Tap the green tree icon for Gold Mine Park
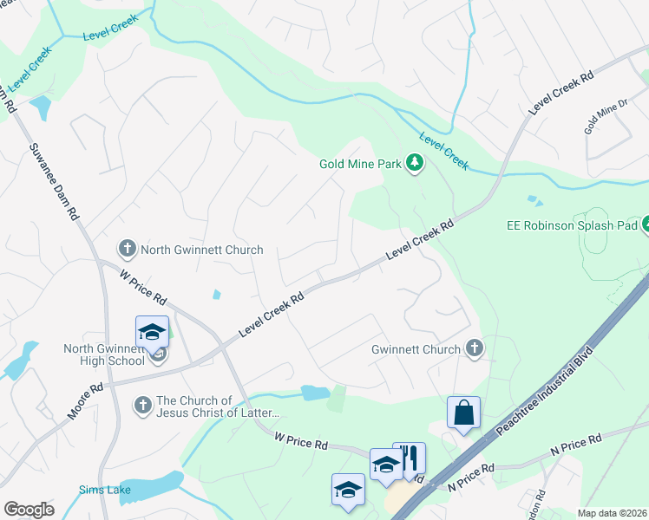click(x=416, y=162)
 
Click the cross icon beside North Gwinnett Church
click(x=128, y=250)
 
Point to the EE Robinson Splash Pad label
click(x=572, y=225)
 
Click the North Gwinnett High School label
click(x=104, y=354)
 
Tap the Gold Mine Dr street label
click(x=606, y=117)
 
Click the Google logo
click(x=29, y=510)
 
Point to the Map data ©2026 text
click(x=612, y=513)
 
